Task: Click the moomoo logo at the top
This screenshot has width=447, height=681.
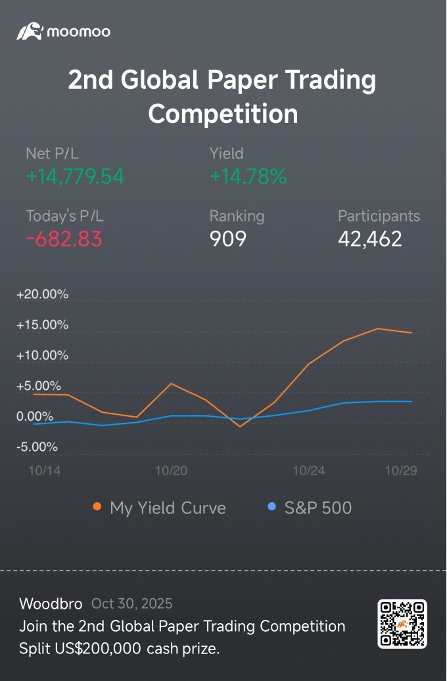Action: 63,32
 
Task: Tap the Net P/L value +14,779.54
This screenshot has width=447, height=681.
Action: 75,177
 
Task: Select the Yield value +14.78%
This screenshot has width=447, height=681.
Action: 248,177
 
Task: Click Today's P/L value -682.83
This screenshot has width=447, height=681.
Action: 64,239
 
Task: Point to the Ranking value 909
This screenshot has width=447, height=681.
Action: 227,239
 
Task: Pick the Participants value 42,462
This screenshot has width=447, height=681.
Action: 369,239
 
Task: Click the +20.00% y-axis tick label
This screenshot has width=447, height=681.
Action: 42,294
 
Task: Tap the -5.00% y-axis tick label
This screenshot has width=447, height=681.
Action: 37,447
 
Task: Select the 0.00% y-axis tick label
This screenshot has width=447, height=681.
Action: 35,417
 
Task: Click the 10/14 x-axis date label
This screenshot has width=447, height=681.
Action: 41,471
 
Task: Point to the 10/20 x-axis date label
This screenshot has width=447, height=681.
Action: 172,471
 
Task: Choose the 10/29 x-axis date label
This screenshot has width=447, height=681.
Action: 401,471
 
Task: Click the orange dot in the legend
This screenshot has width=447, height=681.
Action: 97,507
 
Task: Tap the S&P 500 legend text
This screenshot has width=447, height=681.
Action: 318,507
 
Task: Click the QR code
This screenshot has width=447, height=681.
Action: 402,624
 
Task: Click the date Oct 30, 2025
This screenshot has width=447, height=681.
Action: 132,603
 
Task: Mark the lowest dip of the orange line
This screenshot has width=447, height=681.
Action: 241,427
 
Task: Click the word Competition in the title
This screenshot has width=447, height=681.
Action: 223,113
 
